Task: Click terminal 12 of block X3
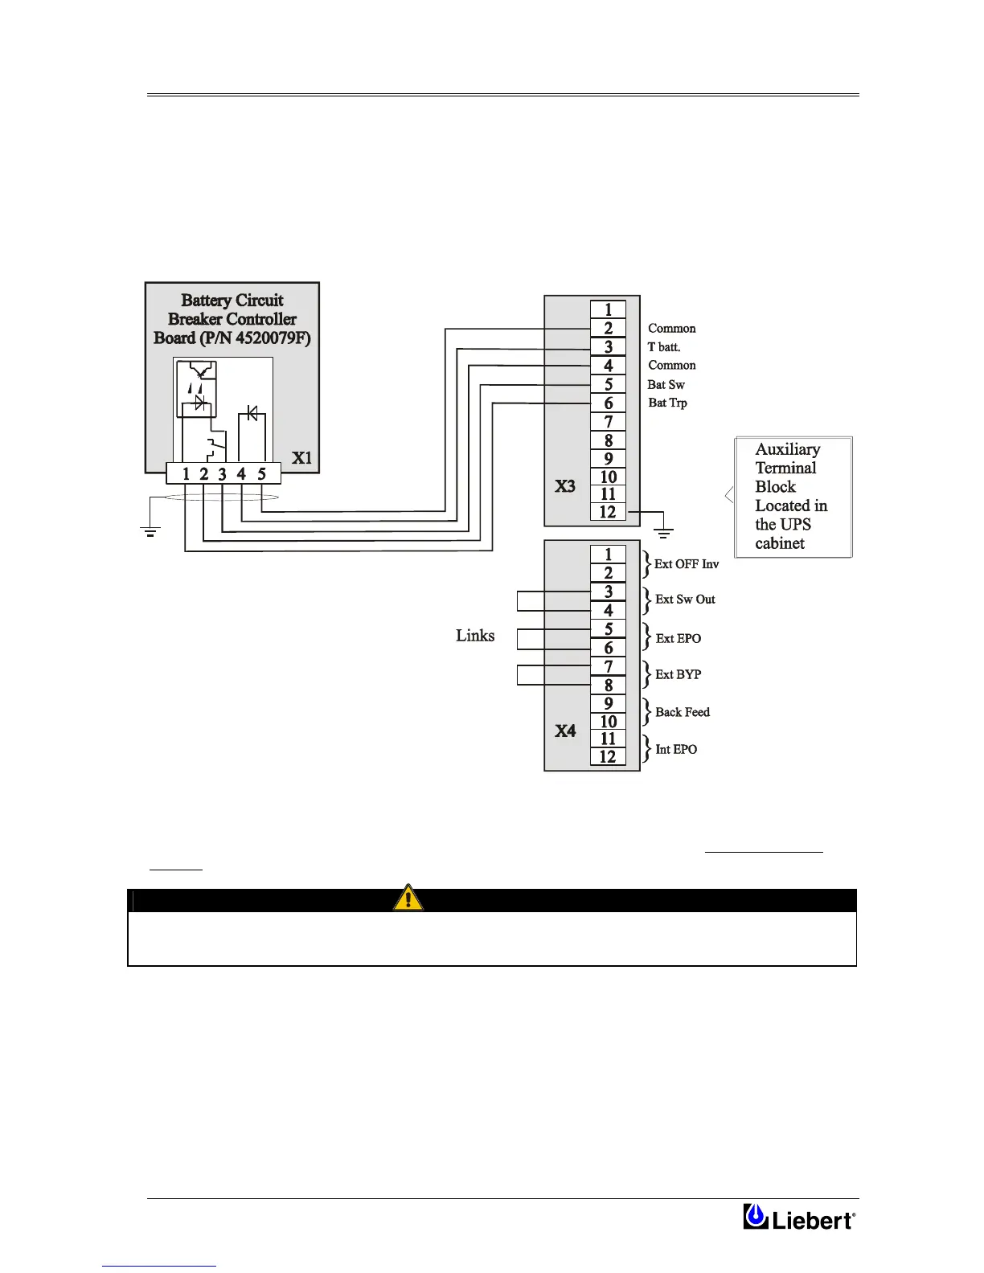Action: (x=608, y=512)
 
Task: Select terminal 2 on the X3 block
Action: (x=608, y=328)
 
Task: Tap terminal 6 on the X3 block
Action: (x=608, y=403)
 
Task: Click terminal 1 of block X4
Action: (x=608, y=555)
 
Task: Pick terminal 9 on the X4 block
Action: (x=608, y=703)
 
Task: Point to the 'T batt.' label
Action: (x=664, y=347)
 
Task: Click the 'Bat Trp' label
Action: (x=667, y=403)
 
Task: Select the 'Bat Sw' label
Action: (x=666, y=384)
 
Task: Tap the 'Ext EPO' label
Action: (x=678, y=638)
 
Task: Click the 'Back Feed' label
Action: (x=682, y=712)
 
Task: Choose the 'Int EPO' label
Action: (x=676, y=749)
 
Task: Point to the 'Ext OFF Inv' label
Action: (x=686, y=564)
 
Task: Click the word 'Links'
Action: (x=475, y=636)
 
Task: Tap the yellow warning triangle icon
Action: (x=408, y=897)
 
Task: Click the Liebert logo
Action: (x=799, y=1218)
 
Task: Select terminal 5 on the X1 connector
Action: (x=261, y=474)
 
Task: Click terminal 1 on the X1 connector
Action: (x=186, y=474)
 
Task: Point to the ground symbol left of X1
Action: (x=150, y=530)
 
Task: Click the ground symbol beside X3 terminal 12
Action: (x=663, y=531)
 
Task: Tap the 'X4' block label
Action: (x=565, y=731)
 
